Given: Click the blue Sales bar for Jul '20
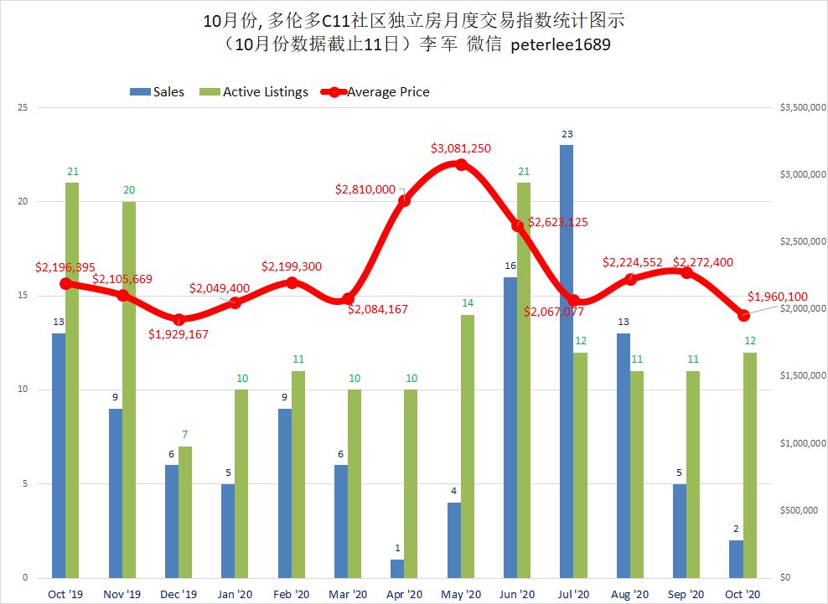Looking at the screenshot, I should [567, 360].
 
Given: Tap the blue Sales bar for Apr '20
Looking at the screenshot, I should [397, 568].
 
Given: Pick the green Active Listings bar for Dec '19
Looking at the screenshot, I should [185, 511].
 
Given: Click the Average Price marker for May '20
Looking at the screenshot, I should [461, 165].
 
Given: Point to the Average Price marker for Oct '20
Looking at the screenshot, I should [743, 315].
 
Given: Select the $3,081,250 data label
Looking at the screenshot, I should [461, 148].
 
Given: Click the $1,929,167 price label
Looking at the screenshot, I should [179, 333].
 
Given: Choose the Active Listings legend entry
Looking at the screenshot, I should [256, 91].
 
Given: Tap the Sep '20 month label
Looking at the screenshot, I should [686, 593].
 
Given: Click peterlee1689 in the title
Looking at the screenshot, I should [556, 45].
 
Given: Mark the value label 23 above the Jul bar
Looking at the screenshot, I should [567, 134].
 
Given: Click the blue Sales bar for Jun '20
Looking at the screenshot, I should [510, 427].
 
